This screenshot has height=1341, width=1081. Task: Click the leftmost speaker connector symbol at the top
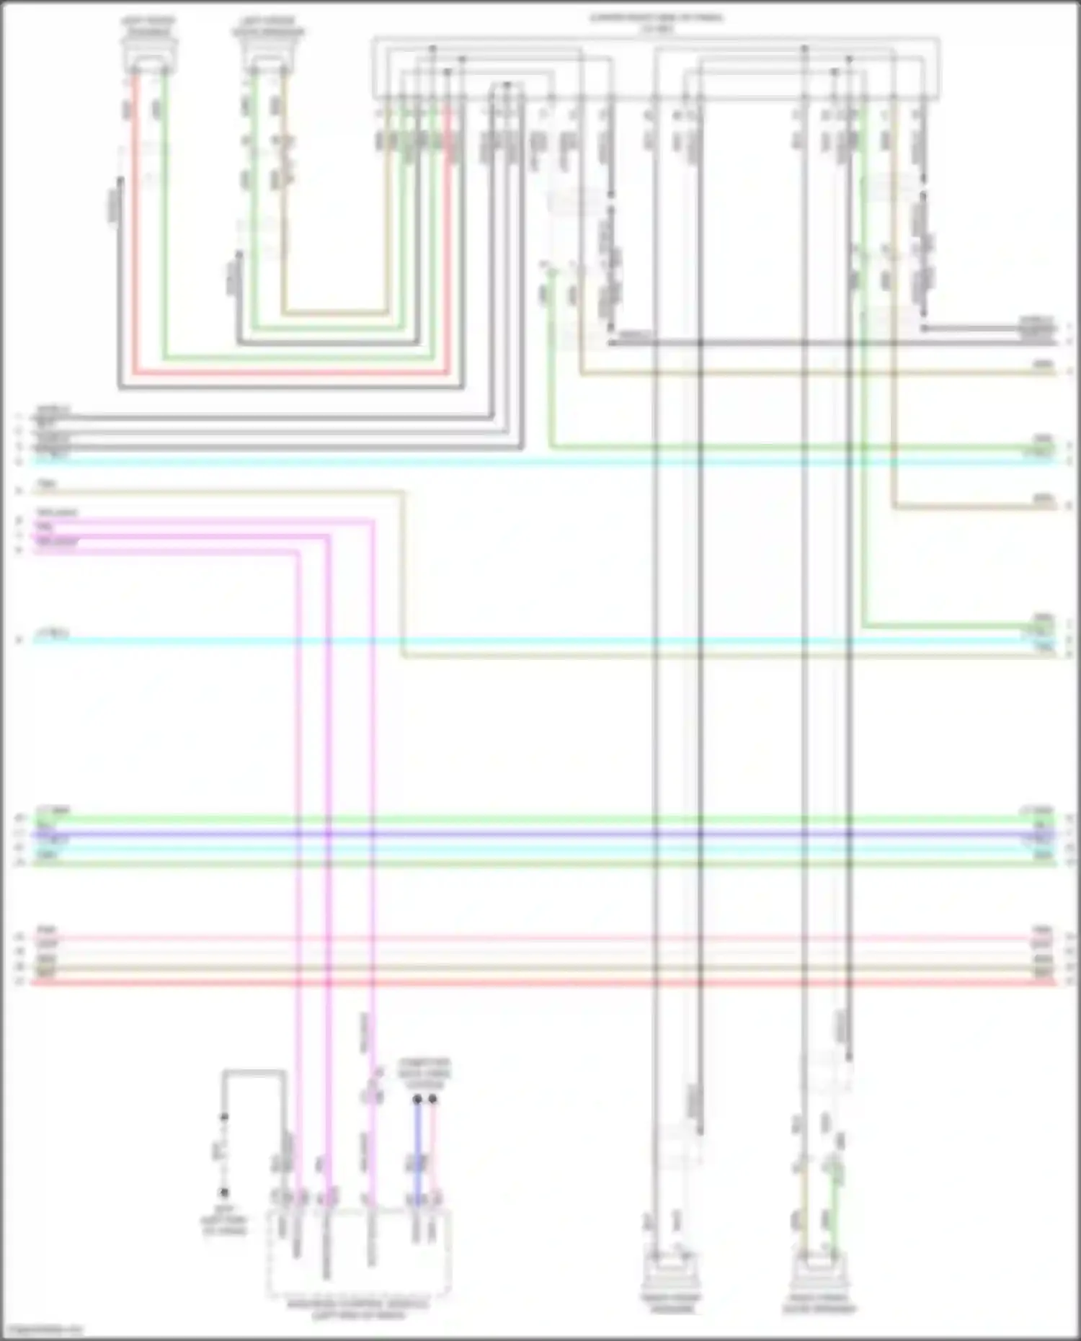point(148,53)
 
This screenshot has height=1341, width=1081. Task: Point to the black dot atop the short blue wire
point(417,1100)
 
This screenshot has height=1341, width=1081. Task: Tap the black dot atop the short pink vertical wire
point(432,1100)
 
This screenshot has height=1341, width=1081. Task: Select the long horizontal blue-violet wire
point(540,834)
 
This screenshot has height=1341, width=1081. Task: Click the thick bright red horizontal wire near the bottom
point(540,981)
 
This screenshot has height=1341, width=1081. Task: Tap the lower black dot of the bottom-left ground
point(224,1193)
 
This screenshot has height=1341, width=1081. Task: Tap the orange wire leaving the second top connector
point(283,216)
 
